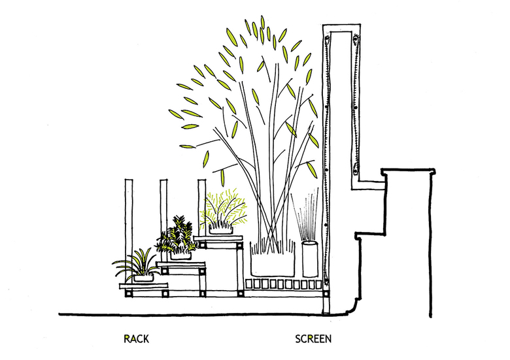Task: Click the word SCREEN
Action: [313, 339]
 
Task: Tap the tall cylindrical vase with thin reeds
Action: [309, 259]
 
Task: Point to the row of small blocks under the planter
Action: [284, 284]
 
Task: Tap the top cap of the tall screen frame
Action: [342, 28]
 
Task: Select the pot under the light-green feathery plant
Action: [222, 229]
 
